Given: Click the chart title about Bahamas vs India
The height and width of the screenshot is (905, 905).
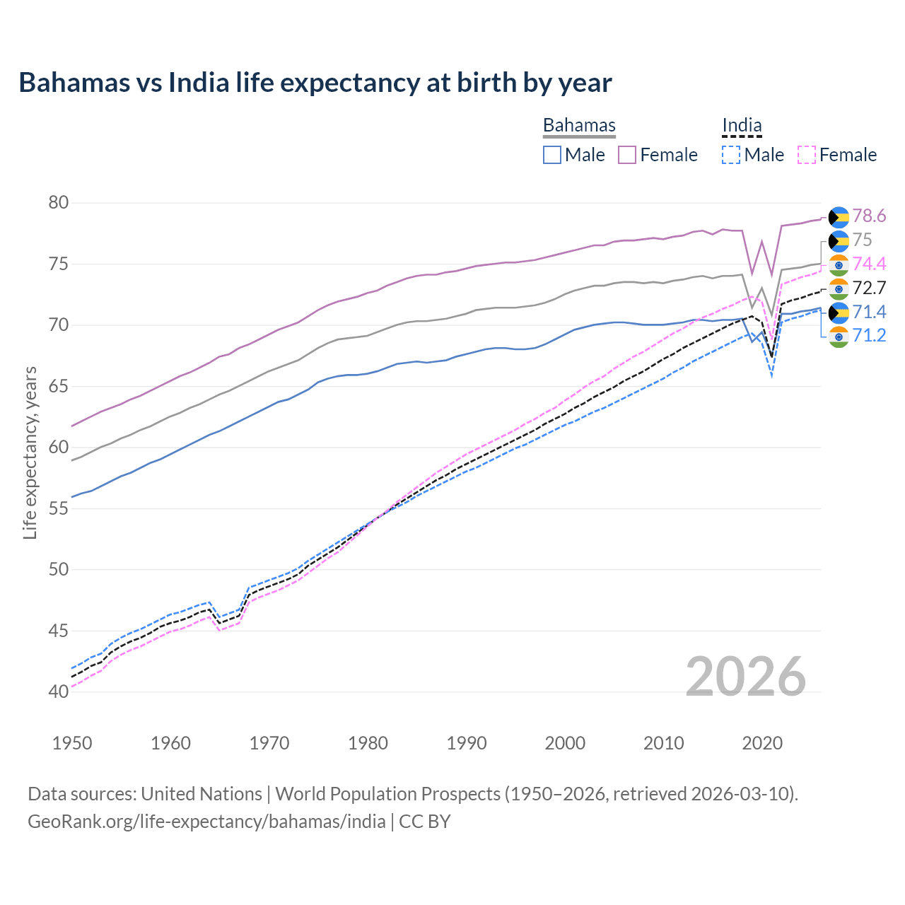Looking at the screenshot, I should tap(315, 83).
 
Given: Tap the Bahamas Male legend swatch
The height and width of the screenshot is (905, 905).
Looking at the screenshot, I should tap(552, 155).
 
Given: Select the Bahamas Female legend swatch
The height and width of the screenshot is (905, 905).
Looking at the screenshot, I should tap(627, 155).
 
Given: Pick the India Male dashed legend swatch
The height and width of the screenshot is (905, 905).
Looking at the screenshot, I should tap(731, 155).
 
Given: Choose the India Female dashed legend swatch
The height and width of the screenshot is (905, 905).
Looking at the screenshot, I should tap(806, 155).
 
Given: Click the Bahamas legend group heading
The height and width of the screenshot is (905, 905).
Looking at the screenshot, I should tap(579, 125).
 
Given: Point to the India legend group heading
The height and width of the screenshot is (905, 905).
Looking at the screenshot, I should tap(742, 125).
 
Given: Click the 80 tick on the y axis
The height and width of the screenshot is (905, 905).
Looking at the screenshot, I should tap(59, 203).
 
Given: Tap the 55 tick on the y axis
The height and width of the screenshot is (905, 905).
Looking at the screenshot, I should tap(59, 508).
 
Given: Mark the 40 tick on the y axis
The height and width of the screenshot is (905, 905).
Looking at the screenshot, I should tap(59, 691).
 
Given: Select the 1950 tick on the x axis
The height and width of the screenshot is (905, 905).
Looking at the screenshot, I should tap(72, 743).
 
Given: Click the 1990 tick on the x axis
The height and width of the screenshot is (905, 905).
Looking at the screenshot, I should tap(467, 743).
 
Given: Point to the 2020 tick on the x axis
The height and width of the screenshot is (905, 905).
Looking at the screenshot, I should tap(762, 743).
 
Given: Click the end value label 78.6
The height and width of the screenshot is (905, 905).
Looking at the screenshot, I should tap(869, 216).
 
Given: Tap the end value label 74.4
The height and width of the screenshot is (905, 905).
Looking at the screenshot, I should tap(869, 264).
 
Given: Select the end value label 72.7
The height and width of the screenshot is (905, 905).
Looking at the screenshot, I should tap(869, 288).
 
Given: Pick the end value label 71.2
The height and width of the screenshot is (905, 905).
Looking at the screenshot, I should tap(869, 335).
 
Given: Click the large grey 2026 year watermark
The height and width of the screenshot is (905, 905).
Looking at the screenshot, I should tap(746, 677).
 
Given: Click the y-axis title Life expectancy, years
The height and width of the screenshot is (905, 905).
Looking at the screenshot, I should tap(30, 452).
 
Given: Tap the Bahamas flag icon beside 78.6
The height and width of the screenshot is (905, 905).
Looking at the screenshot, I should tap(839, 216).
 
